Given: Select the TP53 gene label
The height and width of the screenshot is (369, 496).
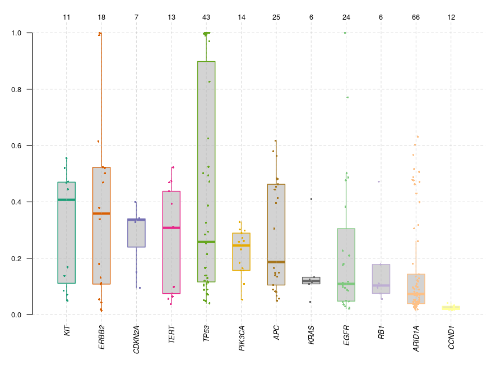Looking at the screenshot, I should (206, 334).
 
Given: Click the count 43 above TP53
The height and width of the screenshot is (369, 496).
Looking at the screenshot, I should (206, 18).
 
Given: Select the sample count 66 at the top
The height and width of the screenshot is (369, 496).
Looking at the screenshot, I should (416, 18).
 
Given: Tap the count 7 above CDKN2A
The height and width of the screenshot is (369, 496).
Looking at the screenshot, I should (136, 18).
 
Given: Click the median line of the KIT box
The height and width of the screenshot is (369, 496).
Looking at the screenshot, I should (67, 200).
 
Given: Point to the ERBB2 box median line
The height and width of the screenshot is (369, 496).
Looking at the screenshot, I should (101, 213).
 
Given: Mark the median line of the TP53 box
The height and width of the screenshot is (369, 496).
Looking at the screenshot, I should (206, 242).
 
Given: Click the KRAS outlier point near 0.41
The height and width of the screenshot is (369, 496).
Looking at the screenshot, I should (311, 199).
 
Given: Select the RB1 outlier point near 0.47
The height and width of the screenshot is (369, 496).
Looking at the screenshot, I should (379, 181).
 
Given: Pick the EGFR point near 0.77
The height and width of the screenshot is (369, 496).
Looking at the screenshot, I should (347, 98).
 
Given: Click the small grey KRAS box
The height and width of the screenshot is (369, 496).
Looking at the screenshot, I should (311, 280).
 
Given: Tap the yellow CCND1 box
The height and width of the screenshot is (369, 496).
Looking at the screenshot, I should (451, 308).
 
